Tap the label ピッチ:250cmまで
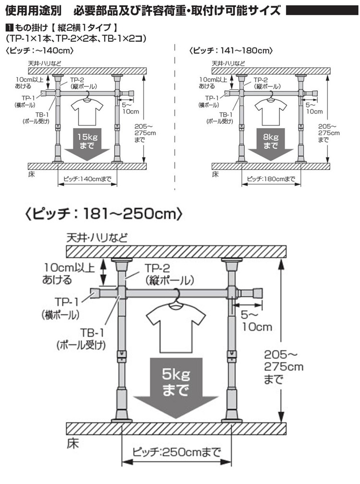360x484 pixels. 177,452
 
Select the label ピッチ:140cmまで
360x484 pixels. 87,179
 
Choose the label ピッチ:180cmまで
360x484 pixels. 271,179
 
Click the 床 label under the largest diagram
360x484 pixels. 73,443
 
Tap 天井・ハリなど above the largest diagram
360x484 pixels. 97,238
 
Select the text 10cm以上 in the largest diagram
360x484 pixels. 69,267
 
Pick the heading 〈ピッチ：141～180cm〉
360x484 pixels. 231,50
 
